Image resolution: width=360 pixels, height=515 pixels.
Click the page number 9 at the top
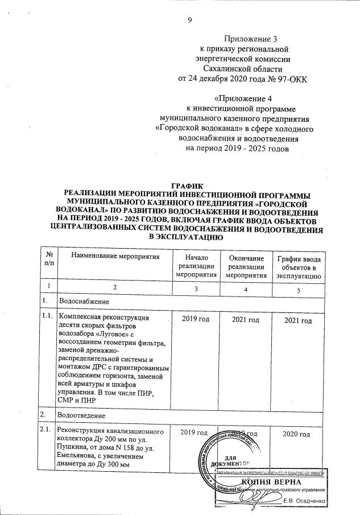tap(191, 21)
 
